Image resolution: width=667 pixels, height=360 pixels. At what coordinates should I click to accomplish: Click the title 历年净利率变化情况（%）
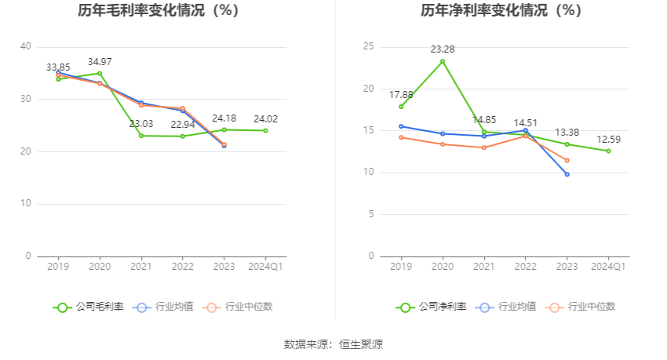501,11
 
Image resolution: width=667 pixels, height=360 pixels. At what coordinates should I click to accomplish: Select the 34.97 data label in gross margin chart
100,61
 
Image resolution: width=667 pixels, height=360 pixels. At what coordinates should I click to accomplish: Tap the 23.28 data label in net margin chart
443,49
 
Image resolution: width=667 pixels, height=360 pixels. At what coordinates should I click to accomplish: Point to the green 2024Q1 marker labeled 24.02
265,130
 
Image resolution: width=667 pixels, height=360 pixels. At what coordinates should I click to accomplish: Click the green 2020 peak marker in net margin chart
443,61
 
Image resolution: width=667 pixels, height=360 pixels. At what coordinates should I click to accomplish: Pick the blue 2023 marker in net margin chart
567,174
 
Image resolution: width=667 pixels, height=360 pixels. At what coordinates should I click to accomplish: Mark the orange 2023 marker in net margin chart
567,160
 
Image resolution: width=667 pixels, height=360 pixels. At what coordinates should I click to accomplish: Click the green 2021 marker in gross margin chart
141,136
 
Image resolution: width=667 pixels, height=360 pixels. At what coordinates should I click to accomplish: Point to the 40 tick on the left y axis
26,47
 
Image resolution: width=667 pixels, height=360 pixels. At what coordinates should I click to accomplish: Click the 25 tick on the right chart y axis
368,47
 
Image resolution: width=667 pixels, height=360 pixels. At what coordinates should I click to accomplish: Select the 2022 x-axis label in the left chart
182,267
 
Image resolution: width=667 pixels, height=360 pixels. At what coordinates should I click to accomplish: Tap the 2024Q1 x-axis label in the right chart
607,267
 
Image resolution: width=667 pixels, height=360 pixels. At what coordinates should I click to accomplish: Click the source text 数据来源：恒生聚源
333,344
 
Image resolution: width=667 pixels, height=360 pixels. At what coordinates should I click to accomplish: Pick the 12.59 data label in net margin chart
607,140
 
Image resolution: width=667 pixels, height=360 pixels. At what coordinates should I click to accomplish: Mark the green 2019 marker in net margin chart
401,107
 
